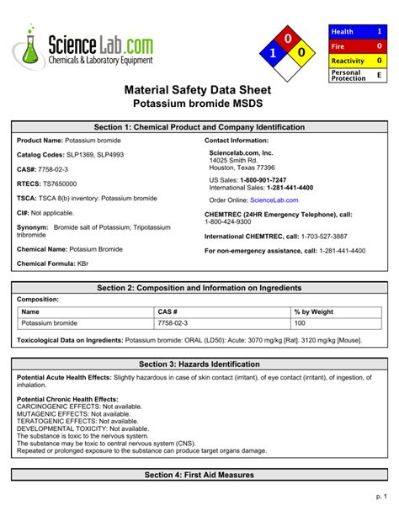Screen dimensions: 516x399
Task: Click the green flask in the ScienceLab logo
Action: coord(30,49)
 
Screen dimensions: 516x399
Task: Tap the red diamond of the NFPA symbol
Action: coord(288,39)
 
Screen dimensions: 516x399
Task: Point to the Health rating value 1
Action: coord(379,31)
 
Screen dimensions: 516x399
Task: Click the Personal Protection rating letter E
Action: coord(379,75)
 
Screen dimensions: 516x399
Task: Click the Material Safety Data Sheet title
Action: coord(199,89)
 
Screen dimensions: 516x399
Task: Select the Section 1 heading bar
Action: coord(199,127)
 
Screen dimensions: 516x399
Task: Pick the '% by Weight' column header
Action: coord(314,311)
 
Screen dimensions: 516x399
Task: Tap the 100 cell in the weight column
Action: coord(300,323)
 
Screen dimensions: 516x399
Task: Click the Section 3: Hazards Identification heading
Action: coord(199,364)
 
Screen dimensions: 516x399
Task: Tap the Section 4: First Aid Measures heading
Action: coord(199,476)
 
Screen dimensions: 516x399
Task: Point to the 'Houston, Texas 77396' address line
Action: coord(242,168)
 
